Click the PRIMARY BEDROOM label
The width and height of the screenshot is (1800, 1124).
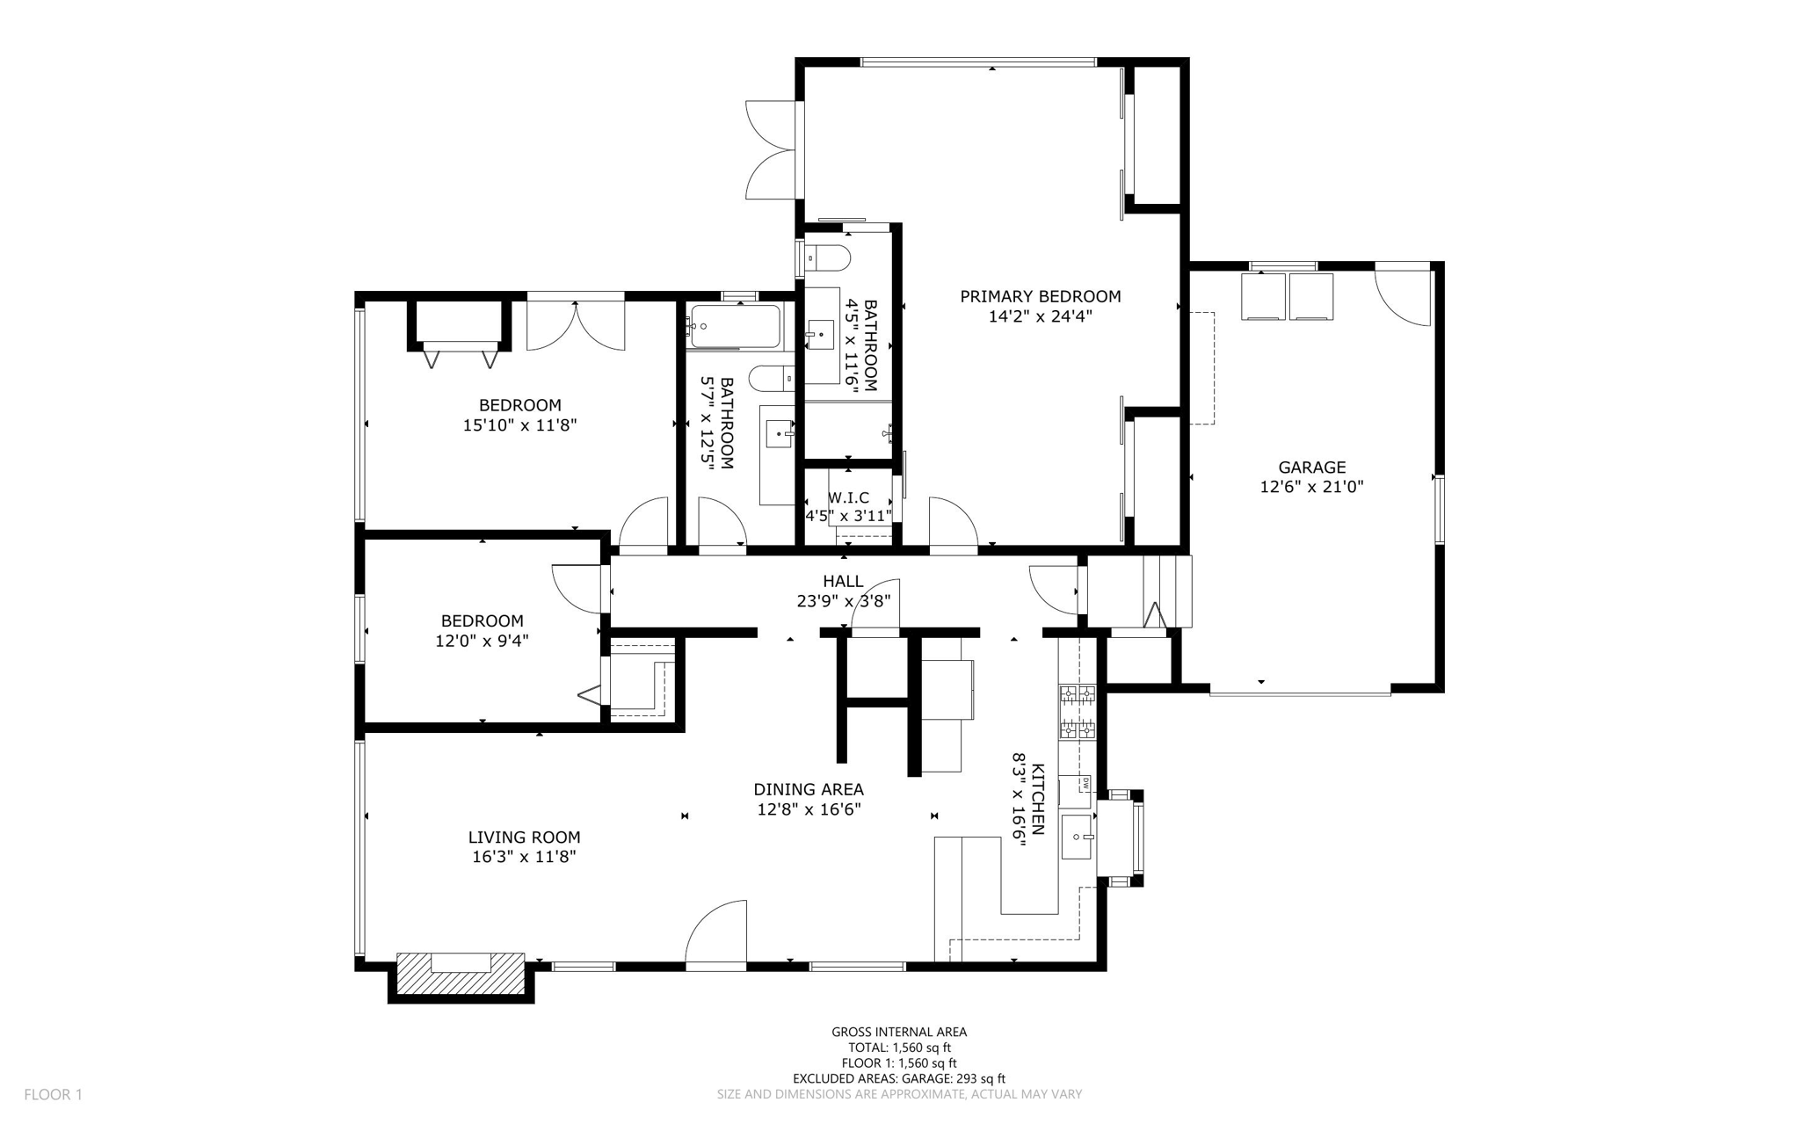[1040, 296]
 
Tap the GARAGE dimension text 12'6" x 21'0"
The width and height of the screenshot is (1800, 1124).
[1311, 487]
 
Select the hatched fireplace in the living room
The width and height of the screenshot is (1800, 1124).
[461, 974]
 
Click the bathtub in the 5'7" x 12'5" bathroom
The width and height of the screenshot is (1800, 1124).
[736, 327]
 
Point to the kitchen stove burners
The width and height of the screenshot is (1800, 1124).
[1077, 711]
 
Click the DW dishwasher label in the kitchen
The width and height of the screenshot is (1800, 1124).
[1085, 781]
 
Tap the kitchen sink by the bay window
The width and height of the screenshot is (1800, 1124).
[1077, 837]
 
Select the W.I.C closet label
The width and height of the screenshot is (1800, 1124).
[848, 497]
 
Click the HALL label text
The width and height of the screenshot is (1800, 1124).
[843, 581]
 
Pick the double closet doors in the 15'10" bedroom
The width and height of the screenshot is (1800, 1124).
[576, 325]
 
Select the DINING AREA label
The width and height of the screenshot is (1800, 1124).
[808, 789]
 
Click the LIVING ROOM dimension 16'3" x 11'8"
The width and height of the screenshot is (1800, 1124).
[524, 857]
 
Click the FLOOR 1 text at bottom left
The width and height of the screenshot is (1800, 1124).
[53, 1094]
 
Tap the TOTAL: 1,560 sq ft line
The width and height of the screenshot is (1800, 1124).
[899, 1048]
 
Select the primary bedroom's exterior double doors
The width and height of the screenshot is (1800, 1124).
[771, 149]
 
